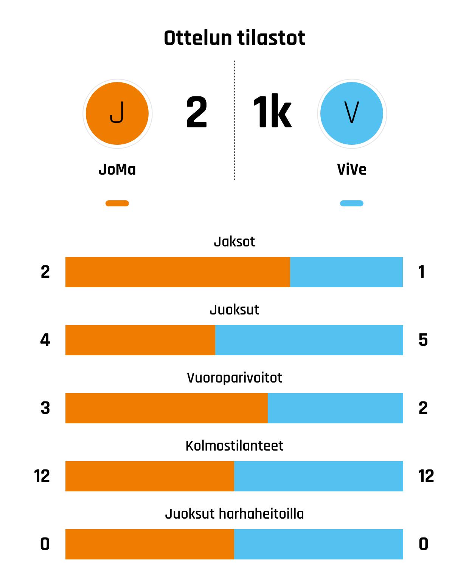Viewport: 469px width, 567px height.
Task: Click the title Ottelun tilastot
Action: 234,38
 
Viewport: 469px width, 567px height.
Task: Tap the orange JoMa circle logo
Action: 117,113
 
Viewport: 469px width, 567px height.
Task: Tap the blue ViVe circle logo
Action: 352,113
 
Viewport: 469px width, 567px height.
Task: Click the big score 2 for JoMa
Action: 197,113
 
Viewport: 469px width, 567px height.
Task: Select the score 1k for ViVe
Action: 272,113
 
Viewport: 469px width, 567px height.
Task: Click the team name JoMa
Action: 117,169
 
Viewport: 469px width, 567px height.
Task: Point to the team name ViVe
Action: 352,169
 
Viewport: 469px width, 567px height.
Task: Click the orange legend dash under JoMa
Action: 117,203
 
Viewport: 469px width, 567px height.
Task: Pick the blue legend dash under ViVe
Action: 352,203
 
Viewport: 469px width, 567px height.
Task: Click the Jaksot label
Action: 234,242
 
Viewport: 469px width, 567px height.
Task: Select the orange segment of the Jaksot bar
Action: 178,272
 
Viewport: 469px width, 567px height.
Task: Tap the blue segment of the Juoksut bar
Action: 309,340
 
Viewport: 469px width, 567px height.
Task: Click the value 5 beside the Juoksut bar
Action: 423,340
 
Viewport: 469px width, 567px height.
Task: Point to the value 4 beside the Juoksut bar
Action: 45,340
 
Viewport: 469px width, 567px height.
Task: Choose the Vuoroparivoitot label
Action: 234,378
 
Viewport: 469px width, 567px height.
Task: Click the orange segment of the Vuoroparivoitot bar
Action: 166,408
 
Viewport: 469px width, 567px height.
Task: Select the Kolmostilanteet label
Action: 234,446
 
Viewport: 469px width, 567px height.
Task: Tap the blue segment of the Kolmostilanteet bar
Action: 318,476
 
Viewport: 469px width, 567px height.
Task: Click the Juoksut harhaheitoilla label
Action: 234,514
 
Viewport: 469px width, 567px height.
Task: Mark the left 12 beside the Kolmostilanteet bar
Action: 42,476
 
